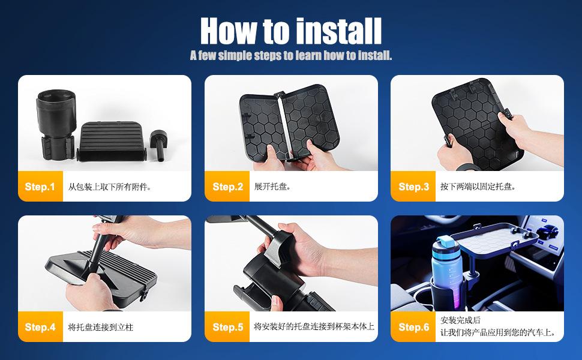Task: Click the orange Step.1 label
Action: click(x=40, y=187)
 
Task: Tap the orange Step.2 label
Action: click(x=227, y=187)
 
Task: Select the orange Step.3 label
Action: click(x=413, y=187)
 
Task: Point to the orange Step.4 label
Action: click(x=40, y=326)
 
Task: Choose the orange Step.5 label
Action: click(x=227, y=326)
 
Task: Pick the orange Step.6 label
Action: click(x=413, y=326)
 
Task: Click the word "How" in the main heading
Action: click(x=228, y=31)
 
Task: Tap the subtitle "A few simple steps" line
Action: click(x=291, y=56)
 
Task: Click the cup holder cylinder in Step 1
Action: click(x=56, y=124)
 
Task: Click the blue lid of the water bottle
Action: click(x=446, y=244)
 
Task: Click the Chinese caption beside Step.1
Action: click(x=109, y=187)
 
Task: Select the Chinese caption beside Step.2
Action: click(x=272, y=187)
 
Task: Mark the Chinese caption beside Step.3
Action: click(x=478, y=187)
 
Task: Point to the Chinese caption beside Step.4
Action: click(x=100, y=327)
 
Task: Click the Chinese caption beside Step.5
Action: click(x=314, y=326)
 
